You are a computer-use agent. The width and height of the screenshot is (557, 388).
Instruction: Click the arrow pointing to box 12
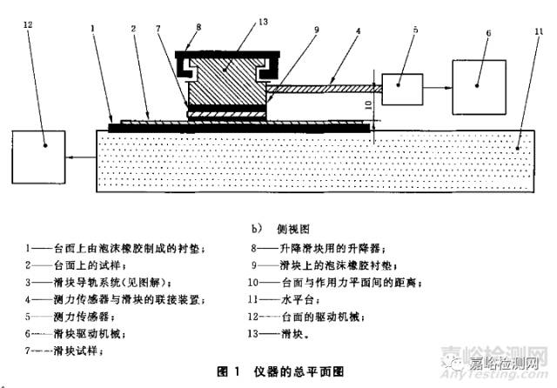point(84,157)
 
